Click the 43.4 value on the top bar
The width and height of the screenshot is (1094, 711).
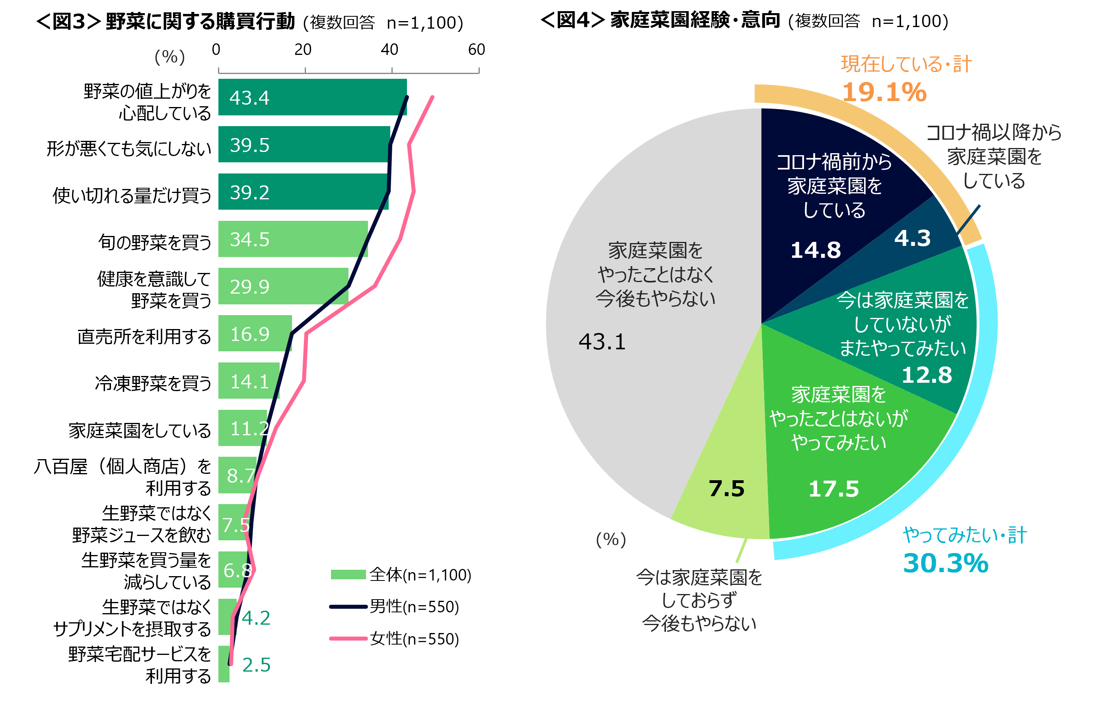pos(249,98)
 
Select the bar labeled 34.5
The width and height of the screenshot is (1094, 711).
pos(293,239)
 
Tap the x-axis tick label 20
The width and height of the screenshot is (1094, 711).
pos(303,50)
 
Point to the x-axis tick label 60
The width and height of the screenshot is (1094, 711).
pos(476,50)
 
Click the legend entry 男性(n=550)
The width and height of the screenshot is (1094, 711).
pos(414,607)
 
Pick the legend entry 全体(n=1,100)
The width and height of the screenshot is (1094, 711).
pos(420,575)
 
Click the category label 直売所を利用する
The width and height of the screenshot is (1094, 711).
pos(144,337)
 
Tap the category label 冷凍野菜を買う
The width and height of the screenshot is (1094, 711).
pos(153,383)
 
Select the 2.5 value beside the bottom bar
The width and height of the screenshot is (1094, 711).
pos(256,664)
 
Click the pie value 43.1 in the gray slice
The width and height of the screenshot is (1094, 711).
pos(602,342)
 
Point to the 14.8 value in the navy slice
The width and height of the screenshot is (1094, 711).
pos(816,251)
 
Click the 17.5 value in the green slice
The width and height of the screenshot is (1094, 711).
pos(833,489)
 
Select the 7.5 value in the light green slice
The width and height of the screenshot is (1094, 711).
pos(726,489)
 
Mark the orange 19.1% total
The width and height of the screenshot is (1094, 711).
pos(884,92)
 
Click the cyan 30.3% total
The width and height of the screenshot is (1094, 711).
pos(946,563)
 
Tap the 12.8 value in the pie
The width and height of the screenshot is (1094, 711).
pos(927,375)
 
